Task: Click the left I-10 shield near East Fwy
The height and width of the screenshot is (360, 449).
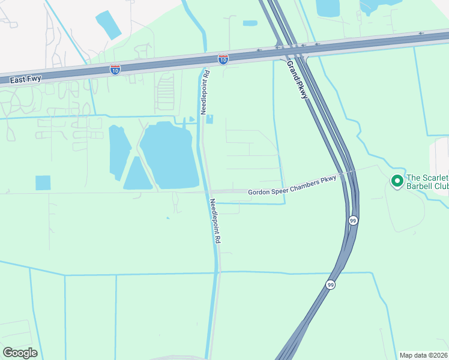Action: pyautogui.click(x=115, y=70)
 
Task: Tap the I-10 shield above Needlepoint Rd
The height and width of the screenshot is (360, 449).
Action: pyautogui.click(x=223, y=59)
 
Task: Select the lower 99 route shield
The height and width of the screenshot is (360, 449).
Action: pyautogui.click(x=330, y=284)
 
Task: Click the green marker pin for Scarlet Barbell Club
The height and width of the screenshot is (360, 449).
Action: pyautogui.click(x=396, y=180)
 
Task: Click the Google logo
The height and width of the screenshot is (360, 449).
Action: pyautogui.click(x=20, y=353)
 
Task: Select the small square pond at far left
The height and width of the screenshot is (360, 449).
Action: pyautogui.click(x=43, y=183)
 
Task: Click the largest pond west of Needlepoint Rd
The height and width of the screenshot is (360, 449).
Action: pyautogui.click(x=170, y=154)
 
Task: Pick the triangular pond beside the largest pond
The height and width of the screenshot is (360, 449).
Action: pyautogui.click(x=137, y=175)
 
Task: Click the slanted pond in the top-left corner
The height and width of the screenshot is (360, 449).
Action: pyautogui.click(x=108, y=26)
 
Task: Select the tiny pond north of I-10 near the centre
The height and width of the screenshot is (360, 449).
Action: pyautogui.click(x=250, y=23)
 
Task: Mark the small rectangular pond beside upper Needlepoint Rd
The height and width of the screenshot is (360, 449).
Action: pyautogui.click(x=209, y=119)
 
